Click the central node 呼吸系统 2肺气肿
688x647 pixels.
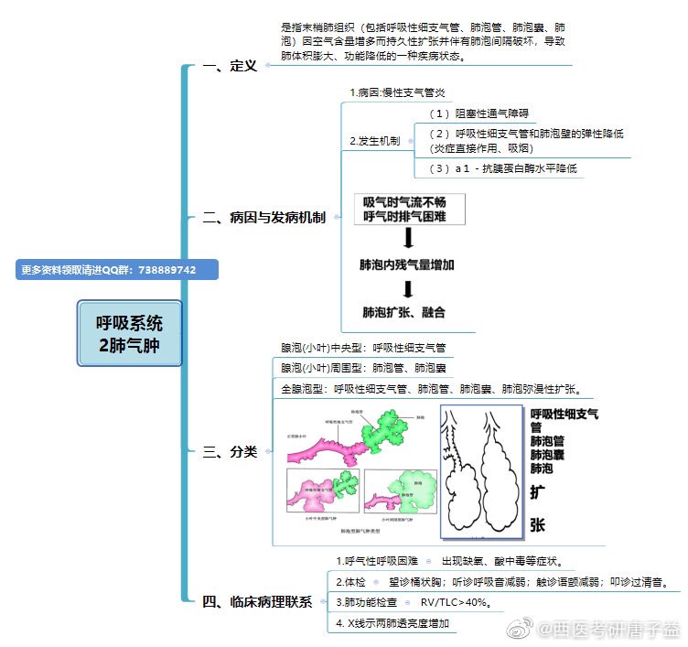click(x=131, y=334)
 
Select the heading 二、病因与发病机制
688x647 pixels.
click(x=263, y=218)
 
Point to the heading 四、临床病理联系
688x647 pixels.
click(x=257, y=601)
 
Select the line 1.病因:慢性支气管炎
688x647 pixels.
click(x=398, y=93)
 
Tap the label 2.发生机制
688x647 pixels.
click(x=374, y=141)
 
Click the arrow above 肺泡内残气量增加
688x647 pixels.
click(x=408, y=238)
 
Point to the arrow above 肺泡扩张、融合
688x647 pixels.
click(x=408, y=289)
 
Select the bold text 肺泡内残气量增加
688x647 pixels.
click(x=407, y=264)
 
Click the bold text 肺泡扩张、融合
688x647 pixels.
click(x=403, y=313)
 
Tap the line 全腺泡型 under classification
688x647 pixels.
click(x=437, y=388)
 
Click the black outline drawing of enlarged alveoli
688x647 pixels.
click(x=480, y=470)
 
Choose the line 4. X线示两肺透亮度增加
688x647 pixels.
click(x=393, y=623)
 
